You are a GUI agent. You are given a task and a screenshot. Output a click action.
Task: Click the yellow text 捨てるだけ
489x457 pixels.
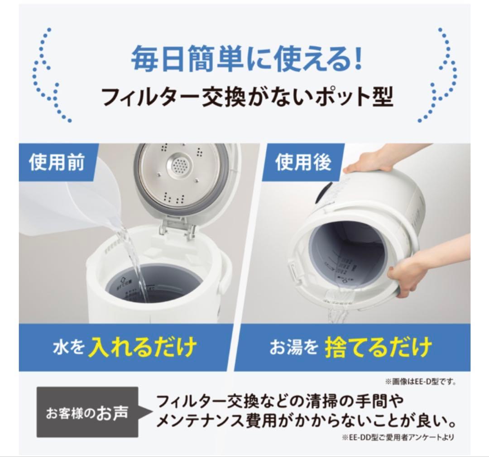(378, 348)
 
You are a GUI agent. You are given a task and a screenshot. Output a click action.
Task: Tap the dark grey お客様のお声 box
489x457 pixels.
(87, 412)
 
